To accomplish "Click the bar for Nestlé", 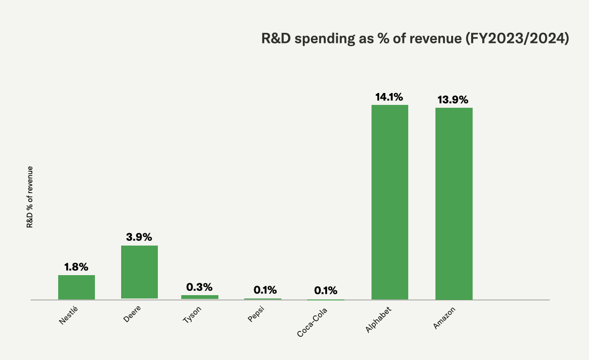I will pyautogui.click(x=76, y=288).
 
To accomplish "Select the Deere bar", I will pyautogui.click(x=139, y=272).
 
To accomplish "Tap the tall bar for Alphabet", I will pyautogui.click(x=390, y=202).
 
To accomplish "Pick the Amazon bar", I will pyautogui.click(x=454, y=204).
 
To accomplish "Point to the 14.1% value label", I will pyautogui.click(x=390, y=97).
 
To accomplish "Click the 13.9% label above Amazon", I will pyautogui.click(x=454, y=100).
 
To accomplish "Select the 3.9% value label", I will pyautogui.click(x=139, y=237).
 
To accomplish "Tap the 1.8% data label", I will pyautogui.click(x=76, y=267).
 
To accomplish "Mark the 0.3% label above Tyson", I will pyautogui.click(x=199, y=287).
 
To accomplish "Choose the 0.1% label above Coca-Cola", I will pyautogui.click(x=326, y=290).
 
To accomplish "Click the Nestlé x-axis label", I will pyautogui.click(x=68, y=316).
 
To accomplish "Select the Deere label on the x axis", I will pyautogui.click(x=132, y=315).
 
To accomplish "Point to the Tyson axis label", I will pyautogui.click(x=192, y=315).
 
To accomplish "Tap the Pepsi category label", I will pyautogui.click(x=256, y=315).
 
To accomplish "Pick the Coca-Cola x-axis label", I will pyautogui.click(x=312, y=321).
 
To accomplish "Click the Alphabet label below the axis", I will pyautogui.click(x=378, y=319).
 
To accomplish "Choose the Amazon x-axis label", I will pyautogui.click(x=444, y=318).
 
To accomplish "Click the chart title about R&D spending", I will pyautogui.click(x=415, y=39).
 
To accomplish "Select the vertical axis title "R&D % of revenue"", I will pyautogui.click(x=30, y=197).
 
